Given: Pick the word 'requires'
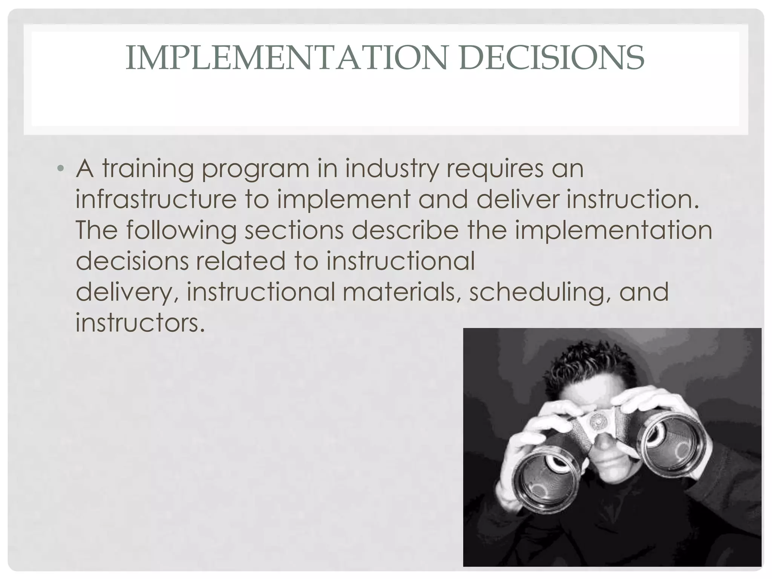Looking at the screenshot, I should tap(495, 169).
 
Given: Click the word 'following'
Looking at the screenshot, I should tap(181, 230).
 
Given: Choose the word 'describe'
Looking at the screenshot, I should tap(405, 230).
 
